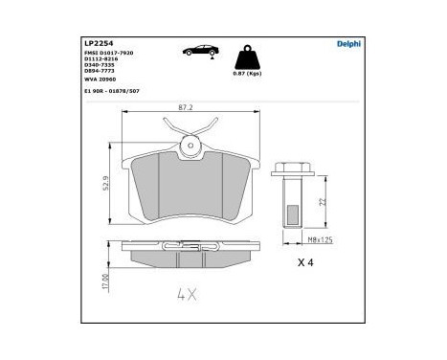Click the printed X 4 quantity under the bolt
(305, 262)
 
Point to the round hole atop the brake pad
(191, 147)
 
